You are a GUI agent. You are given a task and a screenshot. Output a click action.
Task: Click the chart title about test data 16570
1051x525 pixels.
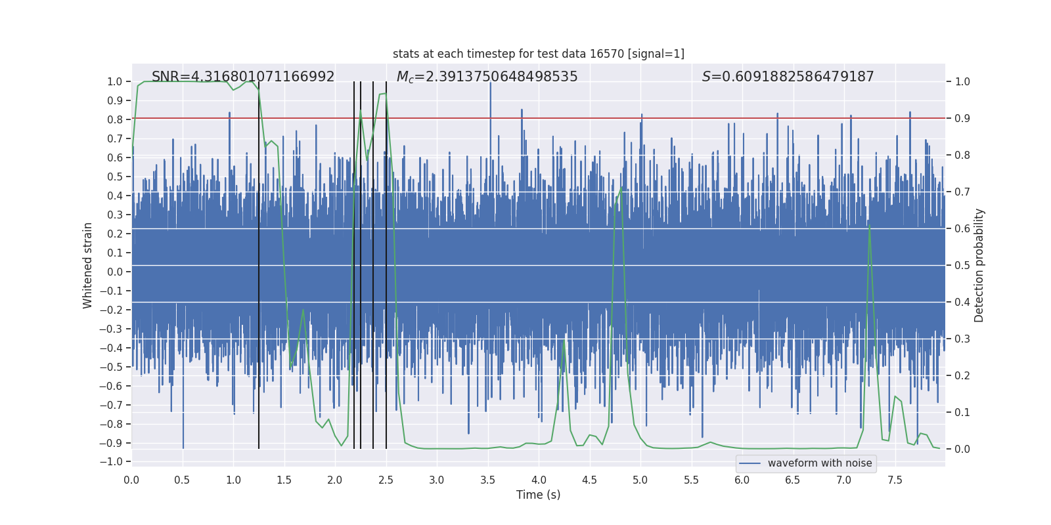[538, 54]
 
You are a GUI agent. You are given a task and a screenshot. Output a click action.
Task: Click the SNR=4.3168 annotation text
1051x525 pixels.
[243, 77]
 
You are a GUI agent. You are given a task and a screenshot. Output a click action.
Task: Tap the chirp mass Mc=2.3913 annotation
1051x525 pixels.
[487, 77]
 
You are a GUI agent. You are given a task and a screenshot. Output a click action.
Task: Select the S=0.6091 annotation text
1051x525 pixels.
[788, 77]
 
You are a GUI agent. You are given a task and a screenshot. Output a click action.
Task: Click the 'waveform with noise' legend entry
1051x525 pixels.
[819, 463]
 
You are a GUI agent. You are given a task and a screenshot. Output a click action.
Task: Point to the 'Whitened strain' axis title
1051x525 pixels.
[88, 265]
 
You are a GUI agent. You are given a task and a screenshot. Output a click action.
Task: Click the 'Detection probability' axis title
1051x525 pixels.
[979, 265]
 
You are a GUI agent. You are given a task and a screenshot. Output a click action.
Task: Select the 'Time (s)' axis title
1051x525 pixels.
[538, 495]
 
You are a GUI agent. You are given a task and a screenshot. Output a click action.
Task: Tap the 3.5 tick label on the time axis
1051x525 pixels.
[487, 480]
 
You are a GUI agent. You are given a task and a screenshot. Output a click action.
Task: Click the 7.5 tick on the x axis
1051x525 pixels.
[895, 480]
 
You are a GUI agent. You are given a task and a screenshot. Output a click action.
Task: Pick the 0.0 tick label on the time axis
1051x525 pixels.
[131, 480]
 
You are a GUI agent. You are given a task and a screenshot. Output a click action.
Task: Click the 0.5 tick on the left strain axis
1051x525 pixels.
[115, 177]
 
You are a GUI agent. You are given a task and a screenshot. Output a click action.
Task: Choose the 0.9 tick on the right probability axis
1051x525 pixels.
[962, 119]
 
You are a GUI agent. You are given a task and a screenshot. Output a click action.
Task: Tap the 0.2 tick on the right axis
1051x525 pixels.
[962, 376]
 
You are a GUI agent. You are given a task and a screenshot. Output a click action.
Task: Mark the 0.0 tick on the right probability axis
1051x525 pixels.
[962, 450]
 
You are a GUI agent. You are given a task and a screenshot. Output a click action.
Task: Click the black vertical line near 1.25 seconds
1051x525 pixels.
[259, 262]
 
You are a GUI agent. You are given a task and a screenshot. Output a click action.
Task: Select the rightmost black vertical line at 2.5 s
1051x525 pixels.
[386, 262]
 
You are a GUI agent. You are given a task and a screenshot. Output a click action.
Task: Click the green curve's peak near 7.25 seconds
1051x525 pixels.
[870, 226]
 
